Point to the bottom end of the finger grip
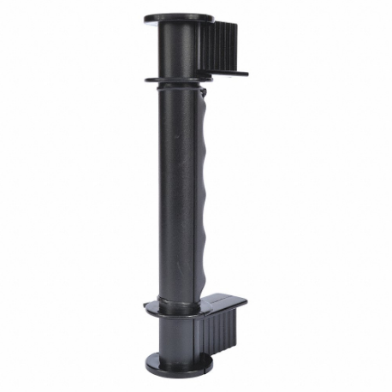pyautogui.click(x=203, y=291)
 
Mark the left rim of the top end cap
pyautogui.click(x=146, y=17)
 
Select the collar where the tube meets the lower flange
pyautogui.click(x=175, y=301)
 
